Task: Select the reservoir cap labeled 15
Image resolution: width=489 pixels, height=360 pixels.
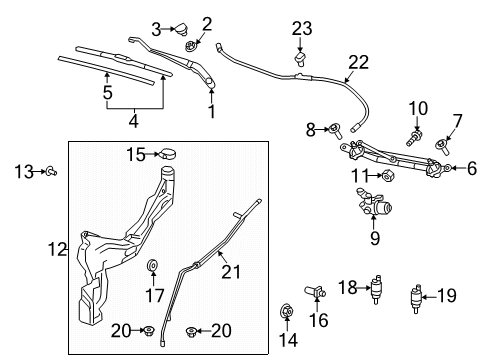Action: pos(169,154)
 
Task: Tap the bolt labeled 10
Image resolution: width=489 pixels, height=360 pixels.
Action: pos(412,130)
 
